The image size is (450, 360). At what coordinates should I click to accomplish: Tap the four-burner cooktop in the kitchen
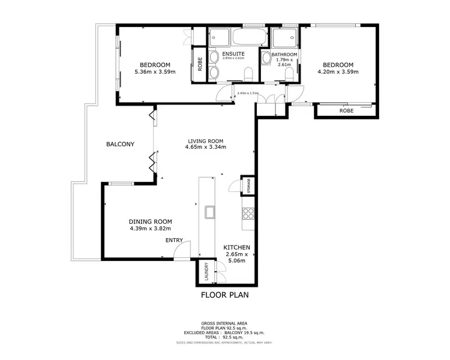coord(248,214)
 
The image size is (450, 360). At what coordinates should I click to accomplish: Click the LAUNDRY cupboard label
coord(206,272)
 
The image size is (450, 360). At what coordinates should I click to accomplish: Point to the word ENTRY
coord(175,240)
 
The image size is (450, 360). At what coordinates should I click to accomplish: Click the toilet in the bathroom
coord(290,74)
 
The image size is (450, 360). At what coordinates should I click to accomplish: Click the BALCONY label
coord(120,144)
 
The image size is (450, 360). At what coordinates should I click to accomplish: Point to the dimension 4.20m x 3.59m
coord(338,72)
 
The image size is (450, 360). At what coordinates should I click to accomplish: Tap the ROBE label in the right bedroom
coord(346,110)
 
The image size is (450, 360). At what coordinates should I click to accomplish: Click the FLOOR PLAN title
coord(224,295)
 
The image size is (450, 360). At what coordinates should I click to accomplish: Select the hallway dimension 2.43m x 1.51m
coord(247,93)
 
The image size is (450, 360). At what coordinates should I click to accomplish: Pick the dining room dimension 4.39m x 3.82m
coord(151,228)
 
